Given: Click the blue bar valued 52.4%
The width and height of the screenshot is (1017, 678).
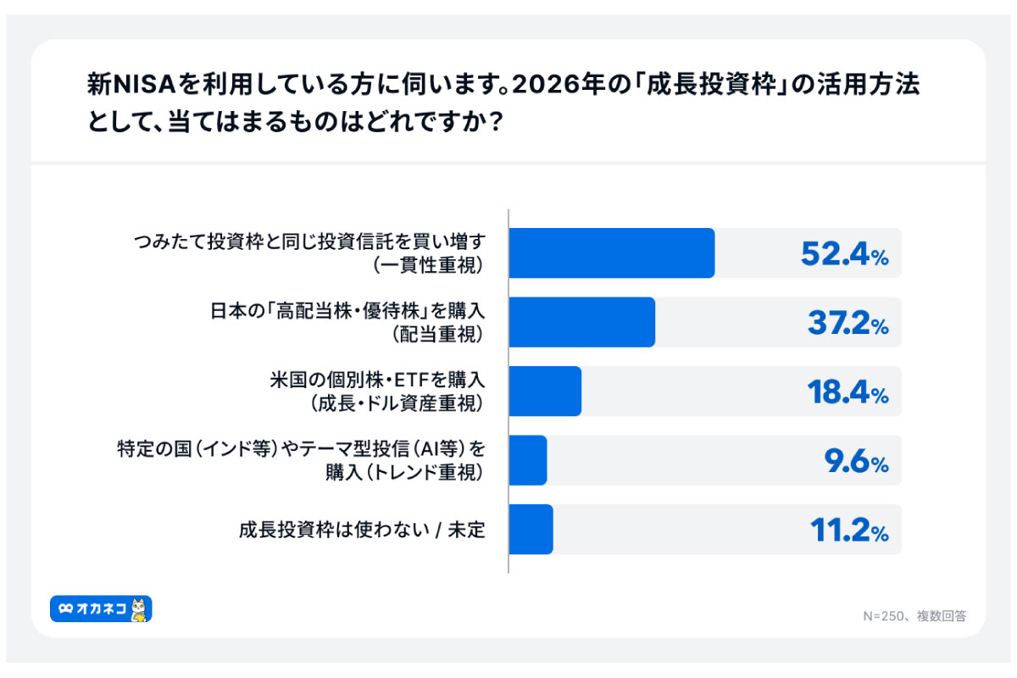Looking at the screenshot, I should coord(611,253).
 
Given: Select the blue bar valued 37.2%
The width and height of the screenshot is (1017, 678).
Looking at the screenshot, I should coord(581,322).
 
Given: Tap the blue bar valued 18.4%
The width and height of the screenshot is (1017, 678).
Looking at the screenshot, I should coord(545,391).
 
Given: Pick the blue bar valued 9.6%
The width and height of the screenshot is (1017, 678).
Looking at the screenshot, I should coord(528,460).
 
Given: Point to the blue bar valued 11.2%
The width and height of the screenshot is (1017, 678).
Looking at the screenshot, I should coord(531,530).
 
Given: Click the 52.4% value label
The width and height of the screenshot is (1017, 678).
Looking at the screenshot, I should coord(844,253).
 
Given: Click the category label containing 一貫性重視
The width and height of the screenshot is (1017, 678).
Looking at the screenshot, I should coord(309,253).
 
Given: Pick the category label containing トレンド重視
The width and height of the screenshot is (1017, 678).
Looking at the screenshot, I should coord(301,460).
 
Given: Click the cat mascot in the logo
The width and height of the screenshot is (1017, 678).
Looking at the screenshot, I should coord(139,609).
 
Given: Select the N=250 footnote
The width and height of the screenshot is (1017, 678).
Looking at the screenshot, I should coord(914,616).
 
